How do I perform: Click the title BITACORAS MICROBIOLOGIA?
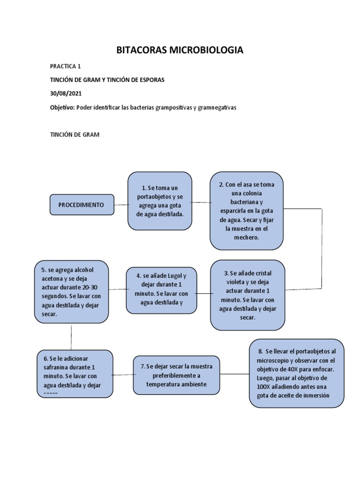[180, 50]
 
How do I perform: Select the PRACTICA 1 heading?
[68, 67]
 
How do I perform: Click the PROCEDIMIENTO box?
[82, 205]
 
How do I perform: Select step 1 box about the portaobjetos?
[160, 201]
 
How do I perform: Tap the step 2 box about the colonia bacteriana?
[246, 211]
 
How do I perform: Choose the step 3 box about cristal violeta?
[247, 295]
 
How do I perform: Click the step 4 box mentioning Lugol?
[161, 290]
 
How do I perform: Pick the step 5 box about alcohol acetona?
[71, 292]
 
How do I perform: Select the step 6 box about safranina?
[75, 372]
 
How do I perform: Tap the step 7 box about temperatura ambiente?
[176, 375]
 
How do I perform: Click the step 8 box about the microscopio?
[296, 373]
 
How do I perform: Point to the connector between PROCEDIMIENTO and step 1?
[121, 204]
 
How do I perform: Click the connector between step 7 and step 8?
[234, 374]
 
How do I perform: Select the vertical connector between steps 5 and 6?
[71, 336]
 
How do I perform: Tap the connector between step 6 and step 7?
[123, 375]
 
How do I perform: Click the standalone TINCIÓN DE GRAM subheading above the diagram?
[75, 135]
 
